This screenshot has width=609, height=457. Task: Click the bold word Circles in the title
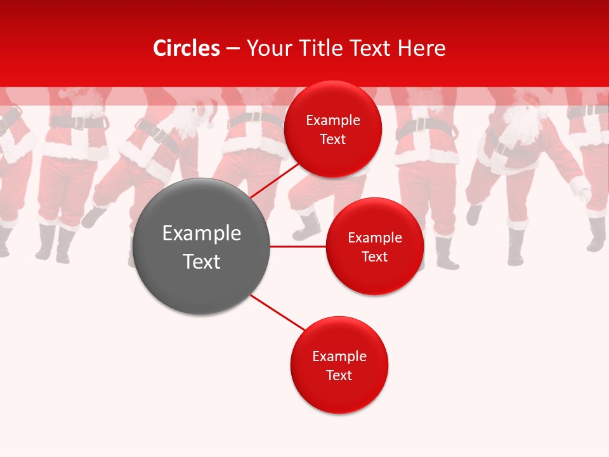pyautogui.click(x=186, y=48)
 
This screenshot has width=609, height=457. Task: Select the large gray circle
pyautogui.click(x=202, y=246)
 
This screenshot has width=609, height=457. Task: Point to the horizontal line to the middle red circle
pyautogui.click(x=298, y=246)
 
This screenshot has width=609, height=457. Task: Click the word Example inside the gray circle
pyautogui.click(x=202, y=234)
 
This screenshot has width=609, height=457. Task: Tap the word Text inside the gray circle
pyautogui.click(x=202, y=262)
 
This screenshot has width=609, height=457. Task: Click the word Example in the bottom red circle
pyautogui.click(x=339, y=356)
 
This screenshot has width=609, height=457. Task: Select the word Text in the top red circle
pyautogui.click(x=332, y=140)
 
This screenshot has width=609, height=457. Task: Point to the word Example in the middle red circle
pyautogui.click(x=374, y=237)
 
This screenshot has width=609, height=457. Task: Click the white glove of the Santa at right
pyautogui.click(x=580, y=189)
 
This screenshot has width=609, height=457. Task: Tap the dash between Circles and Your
pyautogui.click(x=232, y=48)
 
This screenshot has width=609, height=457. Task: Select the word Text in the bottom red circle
pyautogui.click(x=339, y=375)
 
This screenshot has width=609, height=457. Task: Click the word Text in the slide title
pyautogui.click(x=372, y=48)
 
